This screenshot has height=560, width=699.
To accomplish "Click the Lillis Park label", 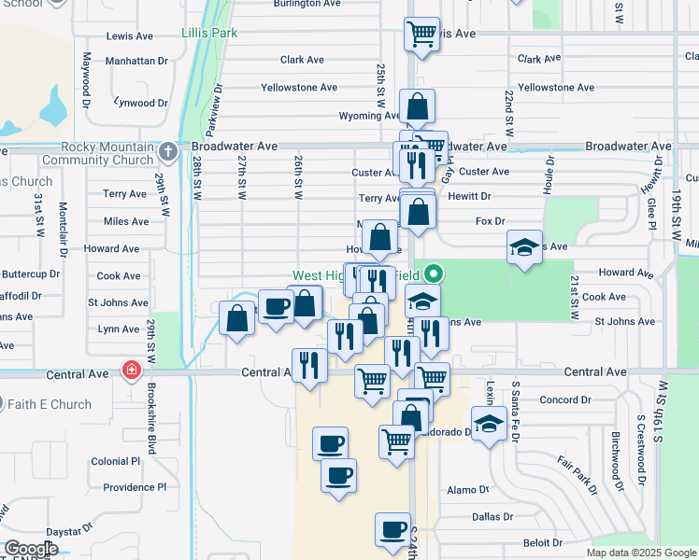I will point(209,33).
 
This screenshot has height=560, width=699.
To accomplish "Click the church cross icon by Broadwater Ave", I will point(167,150).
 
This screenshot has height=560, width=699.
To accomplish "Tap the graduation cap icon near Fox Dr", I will point(524,247).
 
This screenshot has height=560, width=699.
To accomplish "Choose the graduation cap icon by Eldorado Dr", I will point(489,425).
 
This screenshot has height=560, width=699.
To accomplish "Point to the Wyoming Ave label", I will point(370,116).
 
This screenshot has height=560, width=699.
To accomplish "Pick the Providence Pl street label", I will point(135,487).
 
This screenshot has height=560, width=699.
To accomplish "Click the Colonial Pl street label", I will point(115,461).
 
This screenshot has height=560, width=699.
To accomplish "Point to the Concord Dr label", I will point(565,399).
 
